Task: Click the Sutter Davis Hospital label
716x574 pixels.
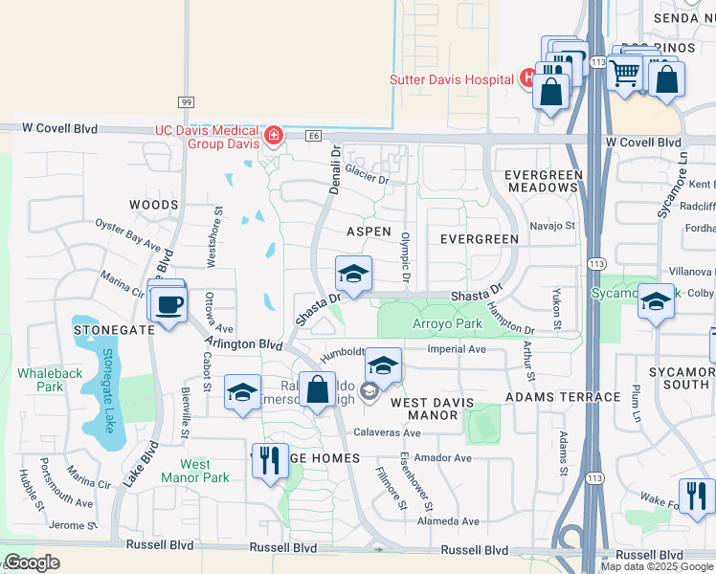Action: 451,79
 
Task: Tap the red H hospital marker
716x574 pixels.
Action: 526,78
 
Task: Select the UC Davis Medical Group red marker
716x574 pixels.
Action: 274,136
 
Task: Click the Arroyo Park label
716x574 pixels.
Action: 446,323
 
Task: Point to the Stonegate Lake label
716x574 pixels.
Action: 108,382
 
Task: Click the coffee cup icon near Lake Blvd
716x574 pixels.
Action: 168,305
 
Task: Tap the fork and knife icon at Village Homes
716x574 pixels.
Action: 270,460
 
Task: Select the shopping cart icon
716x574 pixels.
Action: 625,71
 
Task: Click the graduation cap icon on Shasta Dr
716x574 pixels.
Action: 353,274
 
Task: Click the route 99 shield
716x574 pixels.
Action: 185,102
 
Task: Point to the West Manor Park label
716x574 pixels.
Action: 194,471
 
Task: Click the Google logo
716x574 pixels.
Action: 32,563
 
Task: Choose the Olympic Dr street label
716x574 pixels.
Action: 406,256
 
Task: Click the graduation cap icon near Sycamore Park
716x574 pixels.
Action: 656,300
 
